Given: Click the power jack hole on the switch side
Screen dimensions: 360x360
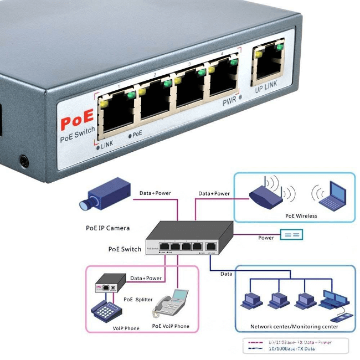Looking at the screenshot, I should click(24, 161).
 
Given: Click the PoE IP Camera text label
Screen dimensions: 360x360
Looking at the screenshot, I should click(107, 228).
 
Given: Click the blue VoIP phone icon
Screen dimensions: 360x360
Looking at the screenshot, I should click(106, 311).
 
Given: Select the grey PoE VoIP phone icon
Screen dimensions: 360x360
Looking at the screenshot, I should click(170, 304).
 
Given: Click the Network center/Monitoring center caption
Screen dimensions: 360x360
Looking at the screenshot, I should click(294, 327).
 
